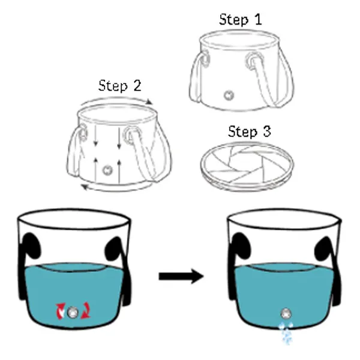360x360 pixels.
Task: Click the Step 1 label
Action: [241, 20]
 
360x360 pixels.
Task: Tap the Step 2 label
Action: [119, 86]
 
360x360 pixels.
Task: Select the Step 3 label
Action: [250, 131]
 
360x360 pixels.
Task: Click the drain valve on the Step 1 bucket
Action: [229, 95]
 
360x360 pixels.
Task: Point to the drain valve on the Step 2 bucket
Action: [107, 170]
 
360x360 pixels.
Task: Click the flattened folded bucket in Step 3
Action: [247, 166]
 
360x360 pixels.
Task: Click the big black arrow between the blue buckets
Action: [181, 276]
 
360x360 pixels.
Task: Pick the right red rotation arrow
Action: [86, 311]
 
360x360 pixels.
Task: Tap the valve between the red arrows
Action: [73, 312]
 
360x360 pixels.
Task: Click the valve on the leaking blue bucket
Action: [286, 314]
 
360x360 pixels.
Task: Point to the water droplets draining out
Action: [286, 333]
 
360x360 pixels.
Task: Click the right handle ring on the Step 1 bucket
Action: [253, 60]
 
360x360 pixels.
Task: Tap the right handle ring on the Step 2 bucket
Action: [131, 135]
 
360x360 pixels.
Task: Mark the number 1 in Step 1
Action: [258, 20]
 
